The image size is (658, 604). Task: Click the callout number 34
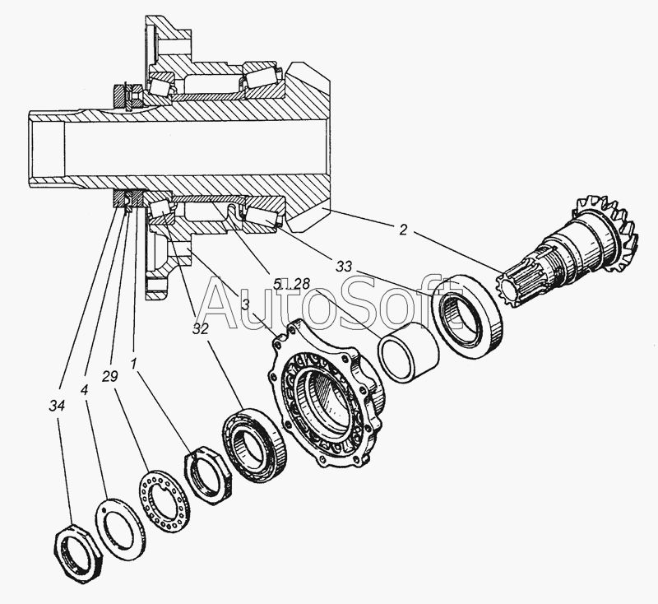[57, 406]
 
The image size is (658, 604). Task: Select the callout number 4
[85, 390]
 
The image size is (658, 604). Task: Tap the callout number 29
[110, 377]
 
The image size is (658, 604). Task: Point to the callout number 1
[134, 364]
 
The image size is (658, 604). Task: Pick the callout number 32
[201, 329]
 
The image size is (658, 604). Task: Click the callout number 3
[246, 304]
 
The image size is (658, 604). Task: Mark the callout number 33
[344, 266]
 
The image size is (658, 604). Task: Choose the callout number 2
[403, 230]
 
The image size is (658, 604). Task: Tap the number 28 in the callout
[301, 284]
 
